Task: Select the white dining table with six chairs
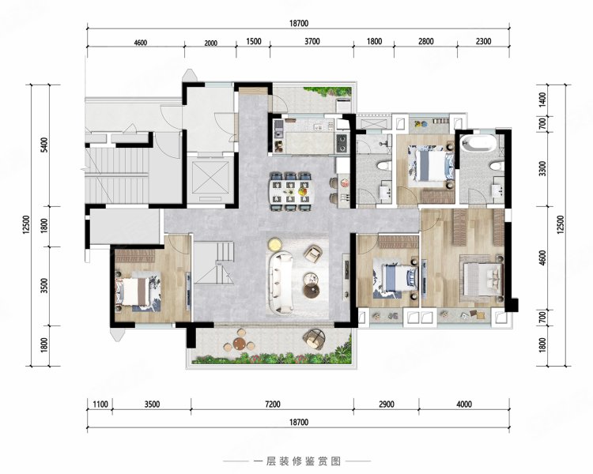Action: [293, 189]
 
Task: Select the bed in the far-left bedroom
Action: [138, 289]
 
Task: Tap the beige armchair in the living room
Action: [313, 254]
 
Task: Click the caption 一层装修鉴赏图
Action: [296, 461]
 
